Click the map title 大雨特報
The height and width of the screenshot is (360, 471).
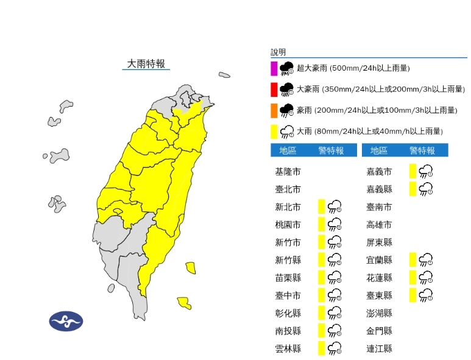click(146, 63)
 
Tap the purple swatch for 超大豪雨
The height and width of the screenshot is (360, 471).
click(274, 68)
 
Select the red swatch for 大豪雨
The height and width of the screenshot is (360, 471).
click(274, 90)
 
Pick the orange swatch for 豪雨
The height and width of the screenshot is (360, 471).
click(274, 110)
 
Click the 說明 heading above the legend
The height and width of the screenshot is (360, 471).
click(278, 52)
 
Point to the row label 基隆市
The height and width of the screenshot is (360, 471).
click(288, 172)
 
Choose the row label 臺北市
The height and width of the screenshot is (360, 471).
click(288, 189)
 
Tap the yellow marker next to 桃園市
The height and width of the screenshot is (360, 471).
click(321, 225)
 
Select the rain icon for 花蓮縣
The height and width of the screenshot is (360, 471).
click(426, 278)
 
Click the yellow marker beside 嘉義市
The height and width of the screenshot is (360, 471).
click(413, 172)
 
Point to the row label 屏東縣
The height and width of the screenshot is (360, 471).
click(379, 242)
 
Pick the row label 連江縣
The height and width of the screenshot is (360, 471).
click(379, 348)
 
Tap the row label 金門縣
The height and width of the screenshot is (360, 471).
click(379, 331)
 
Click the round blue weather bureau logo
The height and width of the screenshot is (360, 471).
click(66, 320)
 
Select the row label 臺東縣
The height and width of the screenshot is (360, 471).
click(379, 295)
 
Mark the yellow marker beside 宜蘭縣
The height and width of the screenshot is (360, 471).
click(413, 260)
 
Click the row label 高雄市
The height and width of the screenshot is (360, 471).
click(379, 225)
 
